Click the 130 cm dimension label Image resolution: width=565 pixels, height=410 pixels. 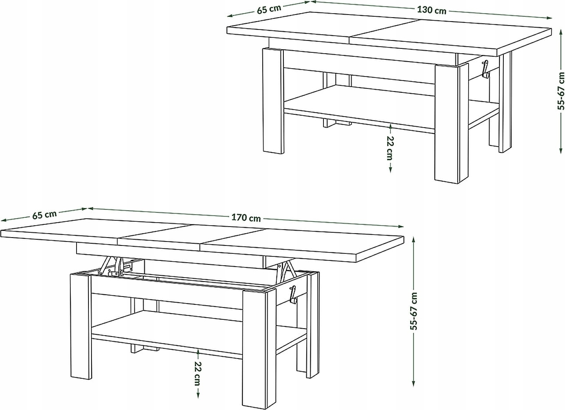pos(432,10)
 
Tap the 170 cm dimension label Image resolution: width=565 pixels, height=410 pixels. pos(246,218)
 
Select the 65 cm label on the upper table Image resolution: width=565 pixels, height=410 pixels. pos(269,9)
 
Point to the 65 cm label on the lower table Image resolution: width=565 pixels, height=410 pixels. pos(44,215)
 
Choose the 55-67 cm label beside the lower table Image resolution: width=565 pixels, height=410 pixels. pos(414,311)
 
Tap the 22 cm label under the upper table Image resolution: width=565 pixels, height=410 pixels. pos(390,148)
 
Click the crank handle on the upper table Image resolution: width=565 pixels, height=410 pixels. pos(485,69)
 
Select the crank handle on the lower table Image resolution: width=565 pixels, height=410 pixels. pos(293,294)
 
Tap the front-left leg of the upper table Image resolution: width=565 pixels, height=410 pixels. pos(273,101)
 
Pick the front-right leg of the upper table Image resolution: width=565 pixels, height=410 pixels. pos(451,123)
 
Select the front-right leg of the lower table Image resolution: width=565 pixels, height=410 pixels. pos(259,349)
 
